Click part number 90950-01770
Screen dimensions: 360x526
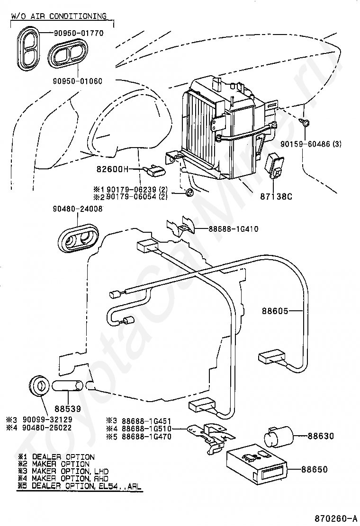coord(79,33)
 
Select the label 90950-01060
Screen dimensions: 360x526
coord(78,81)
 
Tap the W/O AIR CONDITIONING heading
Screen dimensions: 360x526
coord(59,16)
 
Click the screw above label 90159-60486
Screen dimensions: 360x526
coord(305,123)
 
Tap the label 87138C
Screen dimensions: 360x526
coord(276,196)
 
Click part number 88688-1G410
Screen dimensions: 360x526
coord(234,229)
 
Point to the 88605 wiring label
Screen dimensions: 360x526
coord(275,311)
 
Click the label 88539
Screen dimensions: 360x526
coord(68,409)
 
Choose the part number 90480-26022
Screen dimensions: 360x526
coord(47,428)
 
